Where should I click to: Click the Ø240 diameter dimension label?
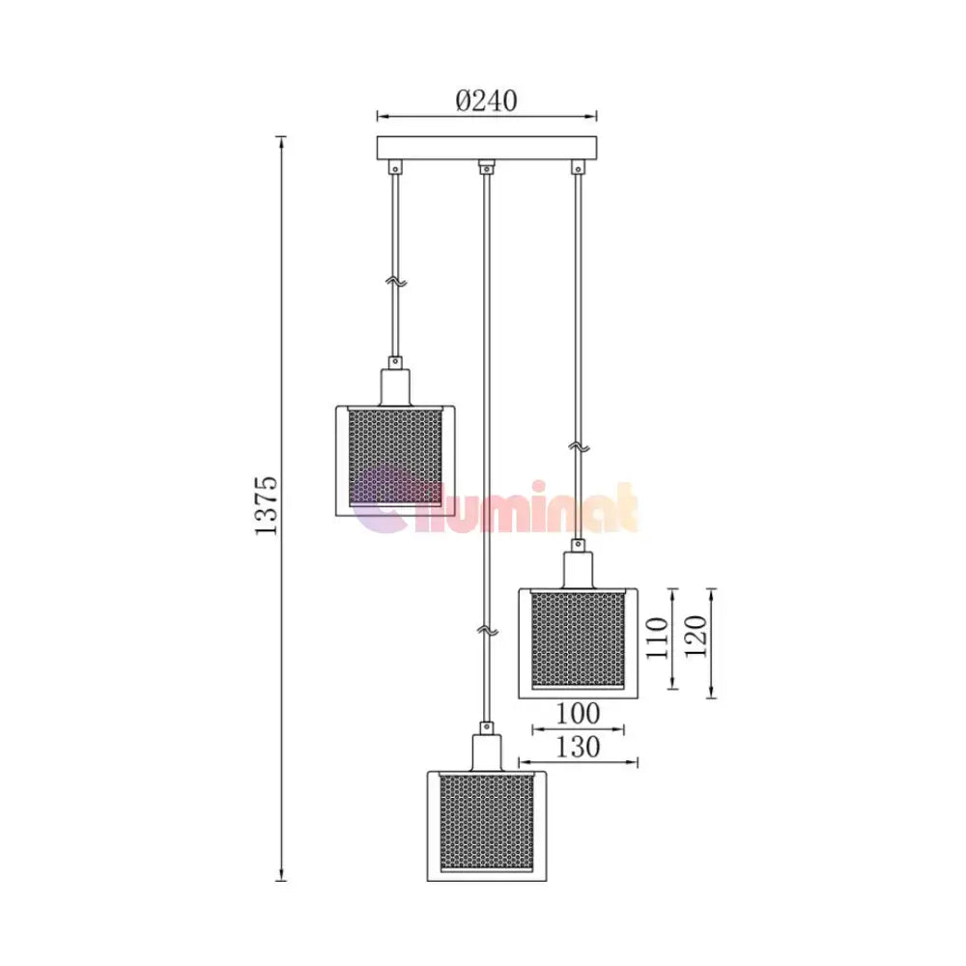point(486,100)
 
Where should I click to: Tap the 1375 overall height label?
point(267,506)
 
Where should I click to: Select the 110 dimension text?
point(657,638)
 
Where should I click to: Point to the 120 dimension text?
point(696,637)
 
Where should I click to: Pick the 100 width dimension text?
point(578,714)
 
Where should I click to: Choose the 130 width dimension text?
point(578,747)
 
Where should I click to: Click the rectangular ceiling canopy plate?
point(487,148)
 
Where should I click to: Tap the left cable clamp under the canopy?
point(395,167)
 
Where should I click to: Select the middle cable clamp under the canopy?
point(487,166)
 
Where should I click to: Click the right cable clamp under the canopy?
point(578,167)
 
